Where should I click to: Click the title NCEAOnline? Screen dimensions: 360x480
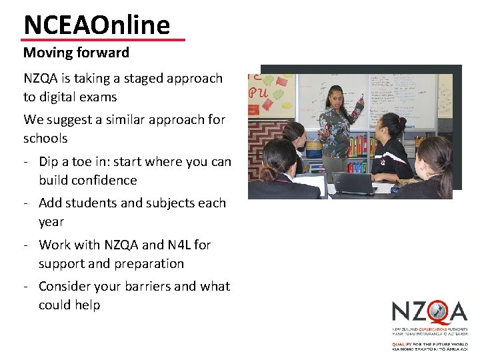tap(97, 25)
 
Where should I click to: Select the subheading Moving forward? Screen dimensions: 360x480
tap(76, 52)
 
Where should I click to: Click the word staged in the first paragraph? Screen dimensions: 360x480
tap(139, 79)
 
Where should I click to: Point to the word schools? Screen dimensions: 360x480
tap(45, 139)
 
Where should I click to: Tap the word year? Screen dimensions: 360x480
tap(51, 222)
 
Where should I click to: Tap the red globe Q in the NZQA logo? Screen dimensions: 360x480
tap(437, 311)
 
